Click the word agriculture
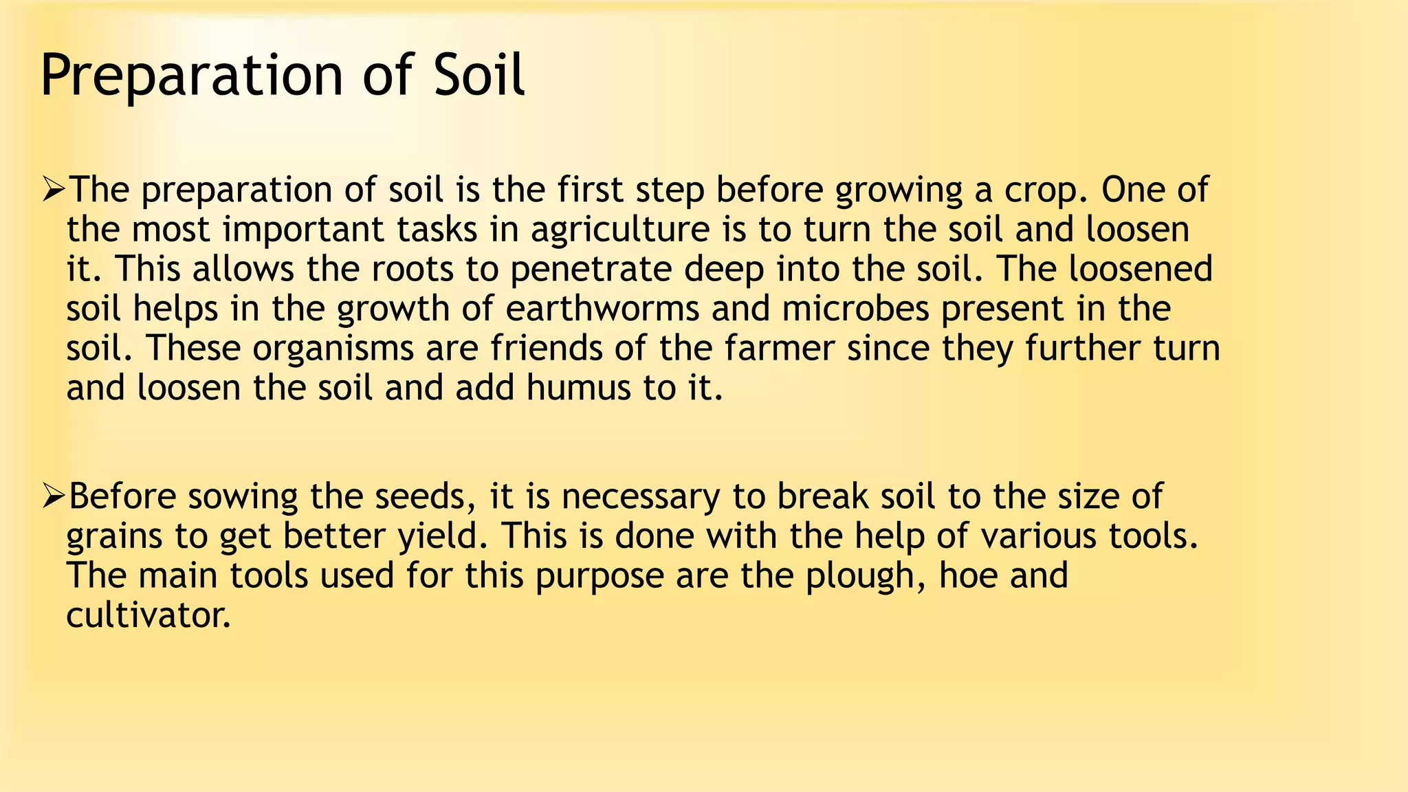point(619,230)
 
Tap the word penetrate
point(591,269)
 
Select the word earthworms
point(602,309)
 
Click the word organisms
point(333,349)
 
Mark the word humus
point(578,388)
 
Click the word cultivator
point(148,615)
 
